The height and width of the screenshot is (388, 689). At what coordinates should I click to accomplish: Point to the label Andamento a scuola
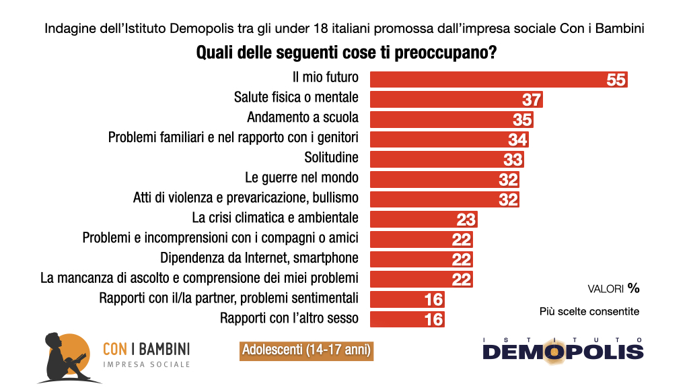tap(302, 117)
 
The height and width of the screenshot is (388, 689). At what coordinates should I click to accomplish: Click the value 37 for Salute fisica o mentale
tap(532, 100)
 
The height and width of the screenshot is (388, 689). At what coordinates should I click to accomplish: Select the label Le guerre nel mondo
tap(301, 179)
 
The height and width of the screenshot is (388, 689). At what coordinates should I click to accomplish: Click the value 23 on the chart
tap(466, 220)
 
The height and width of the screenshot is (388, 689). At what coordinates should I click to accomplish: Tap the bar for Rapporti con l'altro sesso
tap(397, 319)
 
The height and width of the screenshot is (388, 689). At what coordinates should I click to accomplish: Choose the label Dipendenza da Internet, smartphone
tap(259, 258)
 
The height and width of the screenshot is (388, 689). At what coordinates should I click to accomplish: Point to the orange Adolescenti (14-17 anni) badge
tap(305, 350)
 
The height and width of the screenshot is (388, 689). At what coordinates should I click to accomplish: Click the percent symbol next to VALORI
tap(633, 288)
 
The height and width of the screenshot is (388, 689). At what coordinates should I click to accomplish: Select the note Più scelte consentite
tap(589, 311)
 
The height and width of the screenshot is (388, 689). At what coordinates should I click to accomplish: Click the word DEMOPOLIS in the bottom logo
tap(563, 352)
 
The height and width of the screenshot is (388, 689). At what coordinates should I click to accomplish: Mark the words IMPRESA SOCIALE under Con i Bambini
tap(146, 364)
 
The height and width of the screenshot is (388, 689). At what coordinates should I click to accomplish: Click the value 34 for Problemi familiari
tap(517, 139)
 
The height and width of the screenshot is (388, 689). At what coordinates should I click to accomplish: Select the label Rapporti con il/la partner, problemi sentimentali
tap(228, 298)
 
